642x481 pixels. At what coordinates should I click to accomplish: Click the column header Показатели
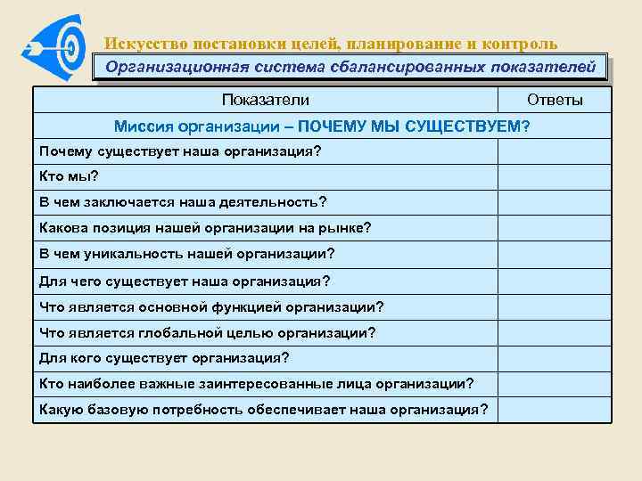click(x=265, y=100)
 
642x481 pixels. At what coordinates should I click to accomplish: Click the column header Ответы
click(x=555, y=100)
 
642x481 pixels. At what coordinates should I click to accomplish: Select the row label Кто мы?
click(x=69, y=176)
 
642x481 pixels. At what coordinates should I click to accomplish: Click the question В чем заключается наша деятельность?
click(x=183, y=201)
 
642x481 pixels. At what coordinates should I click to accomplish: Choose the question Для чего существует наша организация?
click(x=185, y=281)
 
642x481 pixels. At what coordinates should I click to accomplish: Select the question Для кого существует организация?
click(x=165, y=359)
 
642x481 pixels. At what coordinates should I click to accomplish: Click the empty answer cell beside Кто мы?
click(x=555, y=176)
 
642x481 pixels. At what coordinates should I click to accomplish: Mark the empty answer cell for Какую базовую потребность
click(x=555, y=410)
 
